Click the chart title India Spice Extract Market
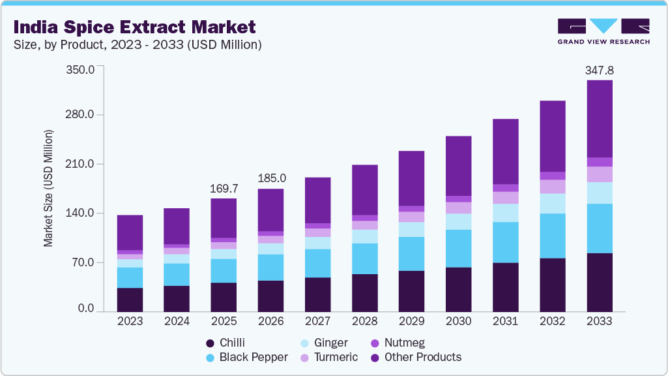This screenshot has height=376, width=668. pyautogui.click(x=134, y=27)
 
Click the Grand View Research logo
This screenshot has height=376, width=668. pyautogui.click(x=603, y=31)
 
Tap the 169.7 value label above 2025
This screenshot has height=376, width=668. pyautogui.click(x=224, y=189)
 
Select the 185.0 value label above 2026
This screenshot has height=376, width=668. pyautogui.click(x=271, y=178)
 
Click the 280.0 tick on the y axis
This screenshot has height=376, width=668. pyautogui.click(x=81, y=115)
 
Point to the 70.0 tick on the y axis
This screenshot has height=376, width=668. pyautogui.click(x=83, y=262)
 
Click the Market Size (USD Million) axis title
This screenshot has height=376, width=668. pyautogui.click(x=48, y=189)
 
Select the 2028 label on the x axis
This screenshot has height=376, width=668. pyautogui.click(x=364, y=321)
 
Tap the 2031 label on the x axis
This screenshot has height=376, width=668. pyautogui.click(x=505, y=321)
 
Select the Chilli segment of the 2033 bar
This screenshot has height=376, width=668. pyautogui.click(x=600, y=282)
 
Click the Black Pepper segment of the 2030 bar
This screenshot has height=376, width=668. pyautogui.click(x=458, y=248)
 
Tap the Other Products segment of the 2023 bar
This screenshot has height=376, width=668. pyautogui.click(x=130, y=232)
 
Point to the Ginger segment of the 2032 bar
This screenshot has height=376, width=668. pyautogui.click(x=552, y=203)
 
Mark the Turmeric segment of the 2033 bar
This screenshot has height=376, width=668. pyautogui.click(x=600, y=174)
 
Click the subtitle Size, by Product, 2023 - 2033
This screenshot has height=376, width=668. pyautogui.click(x=138, y=45)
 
